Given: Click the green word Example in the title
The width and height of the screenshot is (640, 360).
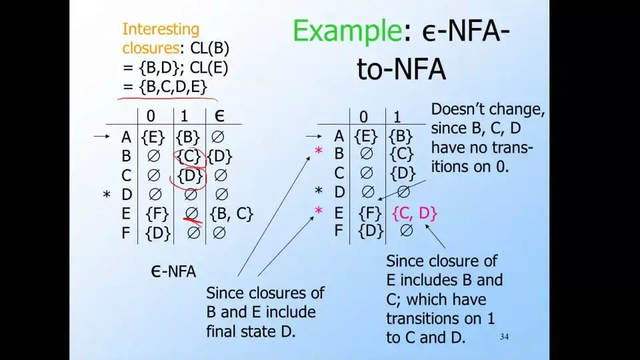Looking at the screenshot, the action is [x=347, y=31].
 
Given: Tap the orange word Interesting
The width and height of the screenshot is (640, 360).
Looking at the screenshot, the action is [x=161, y=29].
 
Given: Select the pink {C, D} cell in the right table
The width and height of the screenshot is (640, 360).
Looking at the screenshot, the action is [x=414, y=213].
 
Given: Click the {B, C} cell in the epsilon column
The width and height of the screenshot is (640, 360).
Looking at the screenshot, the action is [x=231, y=214].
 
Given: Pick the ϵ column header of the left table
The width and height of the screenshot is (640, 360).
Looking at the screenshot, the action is [x=219, y=116].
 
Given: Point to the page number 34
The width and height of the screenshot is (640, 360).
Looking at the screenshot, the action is [x=504, y=337].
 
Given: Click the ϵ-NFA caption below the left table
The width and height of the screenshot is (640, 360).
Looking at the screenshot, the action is [x=173, y=271].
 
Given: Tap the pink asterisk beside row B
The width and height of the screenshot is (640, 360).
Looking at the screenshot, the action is [x=319, y=151].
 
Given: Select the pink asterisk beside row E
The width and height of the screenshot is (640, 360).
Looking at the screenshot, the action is [x=319, y=211].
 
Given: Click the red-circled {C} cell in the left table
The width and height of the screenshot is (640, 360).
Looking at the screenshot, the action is [x=189, y=156].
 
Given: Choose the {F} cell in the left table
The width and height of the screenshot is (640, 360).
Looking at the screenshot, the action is [x=157, y=214].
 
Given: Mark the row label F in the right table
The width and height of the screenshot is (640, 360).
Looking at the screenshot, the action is [x=339, y=231].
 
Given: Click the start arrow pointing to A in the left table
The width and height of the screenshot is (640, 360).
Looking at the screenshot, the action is [x=101, y=136].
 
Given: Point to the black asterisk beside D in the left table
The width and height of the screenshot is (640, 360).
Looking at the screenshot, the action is [x=107, y=194].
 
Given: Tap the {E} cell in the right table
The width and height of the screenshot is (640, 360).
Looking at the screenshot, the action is [x=366, y=136].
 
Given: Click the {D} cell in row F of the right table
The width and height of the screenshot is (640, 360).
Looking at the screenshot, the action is [x=370, y=231].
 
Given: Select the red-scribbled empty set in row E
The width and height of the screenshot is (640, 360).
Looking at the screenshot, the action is [x=192, y=214].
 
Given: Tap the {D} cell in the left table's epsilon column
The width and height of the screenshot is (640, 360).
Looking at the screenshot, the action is [x=219, y=156].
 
